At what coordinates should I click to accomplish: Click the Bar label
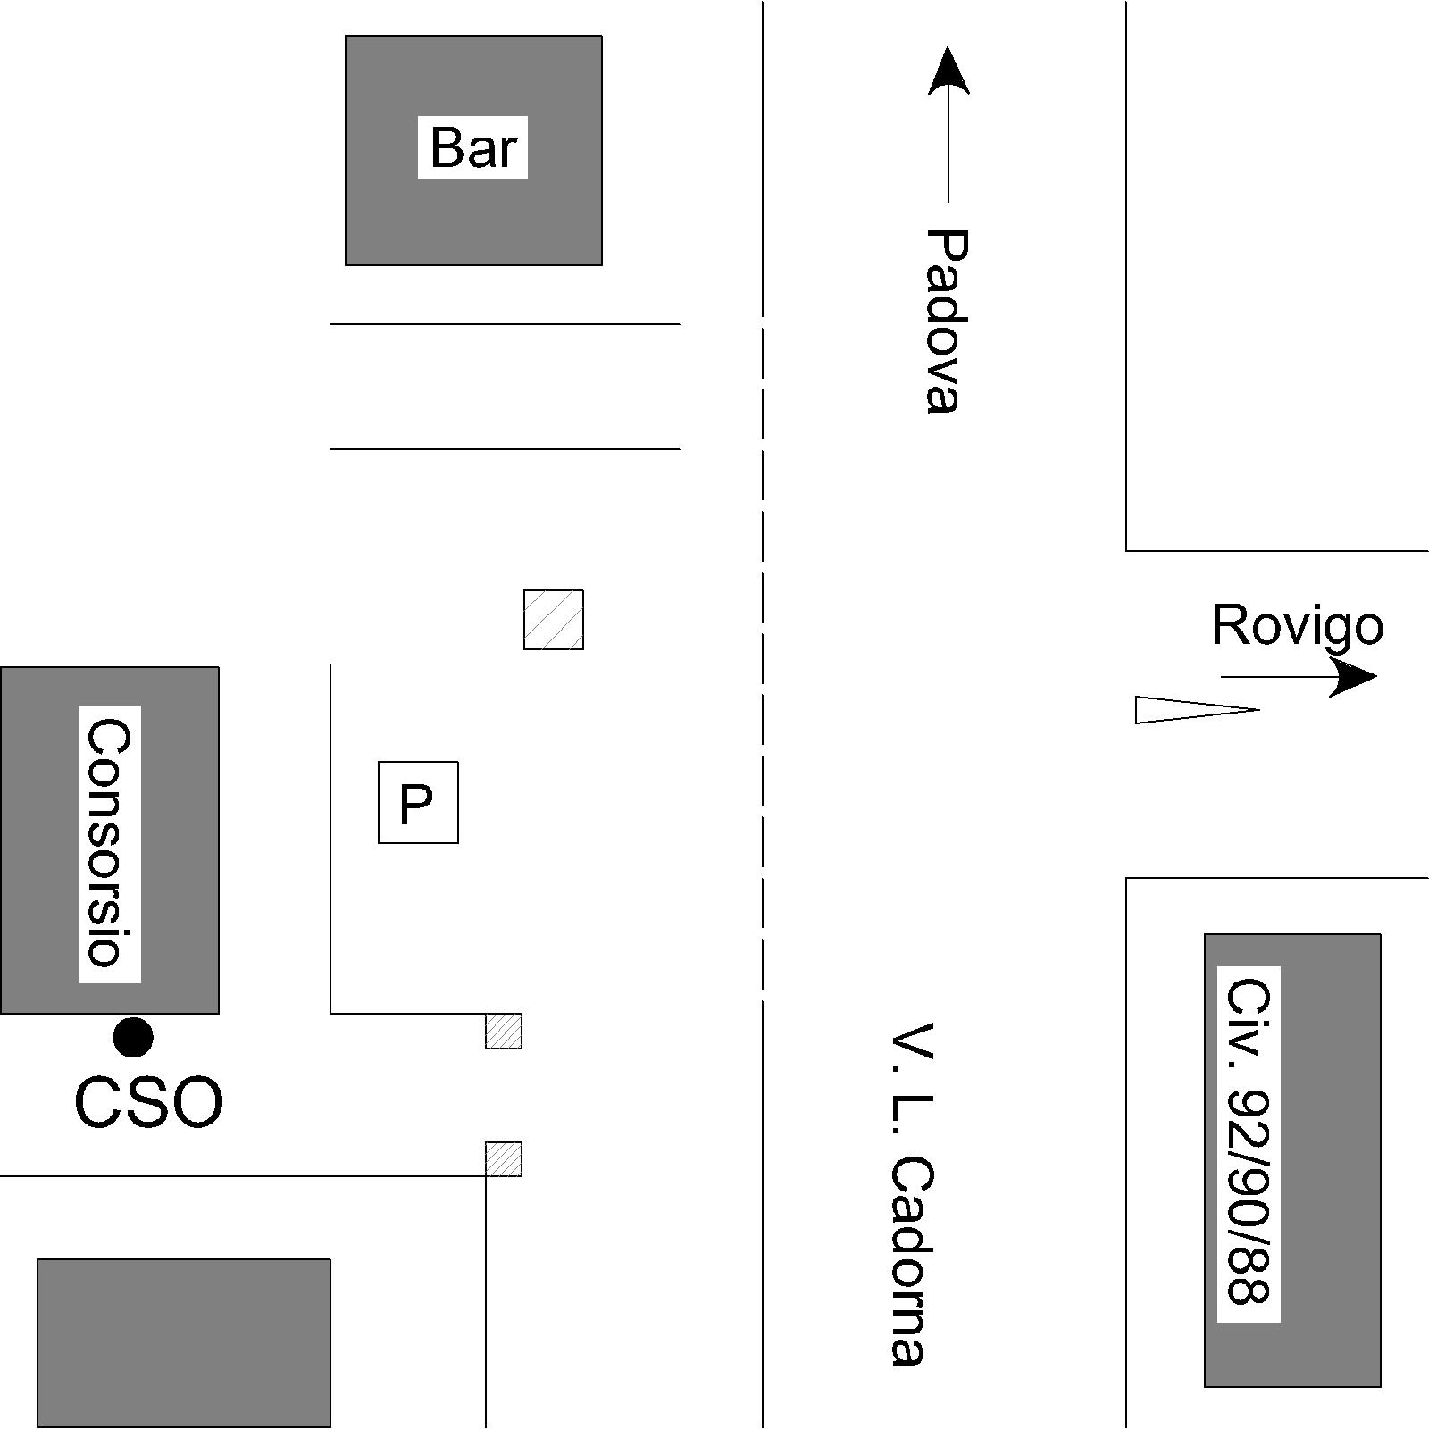(472, 147)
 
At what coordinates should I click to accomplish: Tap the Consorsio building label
(109, 843)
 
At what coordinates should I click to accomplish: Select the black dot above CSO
(133, 1037)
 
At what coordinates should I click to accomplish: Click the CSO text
(148, 1102)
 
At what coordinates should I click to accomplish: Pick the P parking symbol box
(418, 802)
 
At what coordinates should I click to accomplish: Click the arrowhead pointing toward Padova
(948, 71)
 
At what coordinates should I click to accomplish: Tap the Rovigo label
(1297, 625)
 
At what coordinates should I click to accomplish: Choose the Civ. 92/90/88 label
(1249, 1143)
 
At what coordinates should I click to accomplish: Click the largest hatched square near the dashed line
(554, 620)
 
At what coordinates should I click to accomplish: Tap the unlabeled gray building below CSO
(184, 1342)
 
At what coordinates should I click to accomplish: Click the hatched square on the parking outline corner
(504, 1031)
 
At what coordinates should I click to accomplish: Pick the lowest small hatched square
(504, 1159)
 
